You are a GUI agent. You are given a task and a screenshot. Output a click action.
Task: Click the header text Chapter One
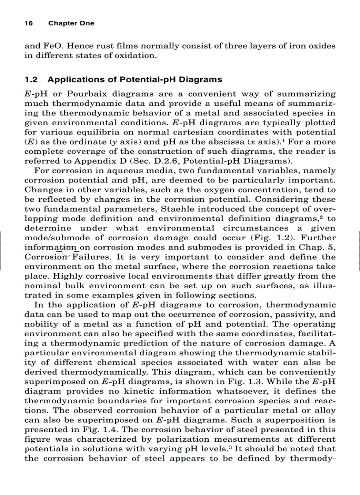[x=71, y=23]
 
